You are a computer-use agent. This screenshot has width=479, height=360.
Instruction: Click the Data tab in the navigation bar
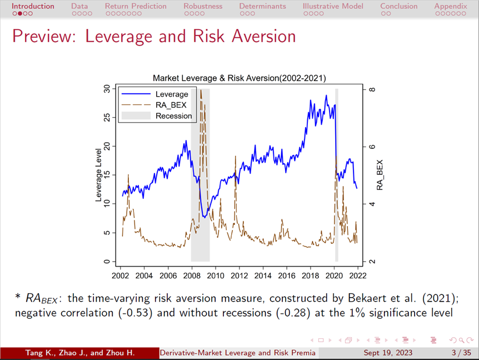click(79, 6)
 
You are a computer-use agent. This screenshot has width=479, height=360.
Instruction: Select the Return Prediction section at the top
click(135, 6)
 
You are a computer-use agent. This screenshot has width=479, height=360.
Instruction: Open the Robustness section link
click(203, 6)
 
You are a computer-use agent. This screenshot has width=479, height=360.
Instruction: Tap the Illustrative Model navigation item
click(333, 6)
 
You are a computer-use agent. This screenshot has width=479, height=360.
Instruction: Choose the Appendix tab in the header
click(451, 6)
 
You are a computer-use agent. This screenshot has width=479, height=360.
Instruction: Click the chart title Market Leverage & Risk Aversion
click(239, 78)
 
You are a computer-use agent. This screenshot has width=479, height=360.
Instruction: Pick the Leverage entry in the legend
click(172, 94)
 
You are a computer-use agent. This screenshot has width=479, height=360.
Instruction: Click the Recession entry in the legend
click(173, 116)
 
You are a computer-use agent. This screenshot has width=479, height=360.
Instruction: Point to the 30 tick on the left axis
click(106, 89)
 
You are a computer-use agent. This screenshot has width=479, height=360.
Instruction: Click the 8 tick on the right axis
click(372, 89)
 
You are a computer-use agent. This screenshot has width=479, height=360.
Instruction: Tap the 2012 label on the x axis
click(239, 275)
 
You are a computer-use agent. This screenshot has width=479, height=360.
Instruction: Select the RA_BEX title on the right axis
click(380, 175)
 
